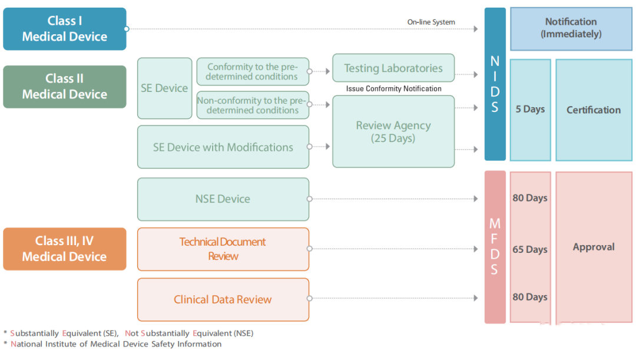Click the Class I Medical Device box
pos(65,29)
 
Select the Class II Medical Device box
pos(65,87)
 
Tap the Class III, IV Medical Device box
pos(65,249)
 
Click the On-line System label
pos(431,22)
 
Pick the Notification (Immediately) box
pos(571,28)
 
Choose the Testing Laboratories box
pos(393,68)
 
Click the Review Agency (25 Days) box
pos(393,132)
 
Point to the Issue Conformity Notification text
pos(393,88)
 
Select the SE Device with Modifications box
pos(223,147)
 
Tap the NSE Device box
pos(223,199)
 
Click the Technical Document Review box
pos(223,249)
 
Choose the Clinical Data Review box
pos(223,300)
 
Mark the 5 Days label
pos(530,110)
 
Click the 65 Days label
pos(530,250)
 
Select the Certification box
pos(594,110)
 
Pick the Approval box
pos(594,247)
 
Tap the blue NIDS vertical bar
pos(495,84)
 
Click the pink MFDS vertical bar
pos(495,247)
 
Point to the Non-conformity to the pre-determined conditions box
pos(253,105)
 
